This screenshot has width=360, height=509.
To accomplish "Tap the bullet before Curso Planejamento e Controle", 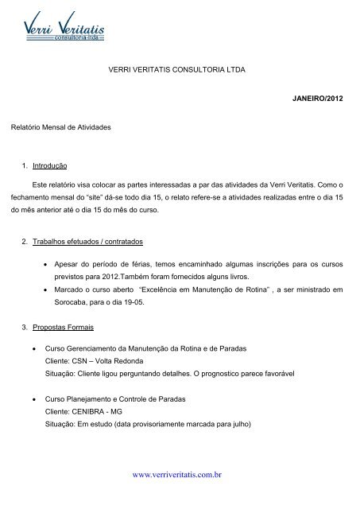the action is pyautogui.click(x=31, y=398).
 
